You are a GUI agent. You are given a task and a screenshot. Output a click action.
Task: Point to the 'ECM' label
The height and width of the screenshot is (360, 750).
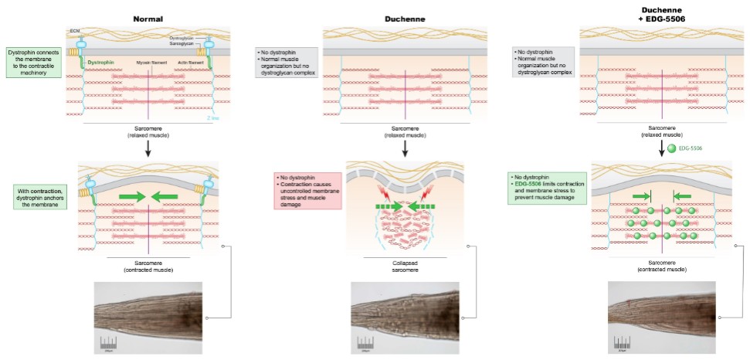point(75,30)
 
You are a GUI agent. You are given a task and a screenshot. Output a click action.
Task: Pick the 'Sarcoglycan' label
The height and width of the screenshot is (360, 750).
point(182,45)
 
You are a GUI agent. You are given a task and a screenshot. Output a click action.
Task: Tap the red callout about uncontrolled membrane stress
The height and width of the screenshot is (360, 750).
point(306,192)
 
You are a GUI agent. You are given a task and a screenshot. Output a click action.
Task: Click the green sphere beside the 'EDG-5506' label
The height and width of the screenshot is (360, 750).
point(672,148)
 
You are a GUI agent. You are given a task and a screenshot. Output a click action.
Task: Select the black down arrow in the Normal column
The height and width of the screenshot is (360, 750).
point(147,148)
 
